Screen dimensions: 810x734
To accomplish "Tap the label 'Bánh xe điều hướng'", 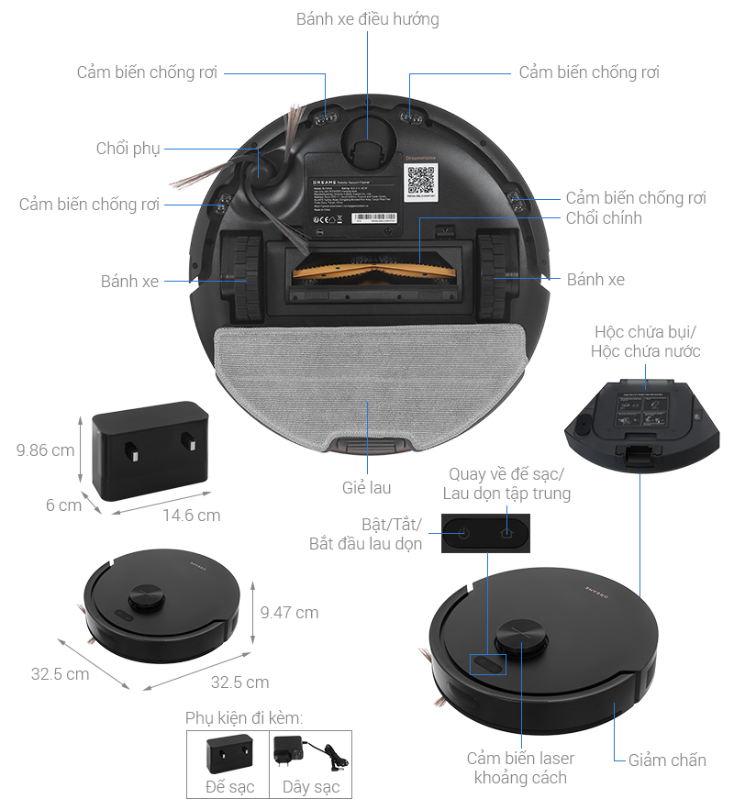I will pos(368,19).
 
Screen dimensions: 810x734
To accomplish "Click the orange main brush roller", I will pos(367,271).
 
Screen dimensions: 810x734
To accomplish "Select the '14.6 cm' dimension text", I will pos(191,516).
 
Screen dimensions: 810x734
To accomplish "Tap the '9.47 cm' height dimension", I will pos(289,612).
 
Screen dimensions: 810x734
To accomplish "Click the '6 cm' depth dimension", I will pos(63,505).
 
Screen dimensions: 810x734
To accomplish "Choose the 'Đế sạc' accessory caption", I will pos(229,787).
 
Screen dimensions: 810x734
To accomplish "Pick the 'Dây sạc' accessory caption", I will pos(310,787).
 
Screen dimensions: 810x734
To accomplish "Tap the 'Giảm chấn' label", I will pos(667,760).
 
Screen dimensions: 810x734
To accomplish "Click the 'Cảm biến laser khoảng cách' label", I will pos(520,768).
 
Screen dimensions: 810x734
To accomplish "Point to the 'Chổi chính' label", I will pos(604,218).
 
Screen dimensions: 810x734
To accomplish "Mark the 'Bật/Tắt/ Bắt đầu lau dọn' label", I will pos(365,534).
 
